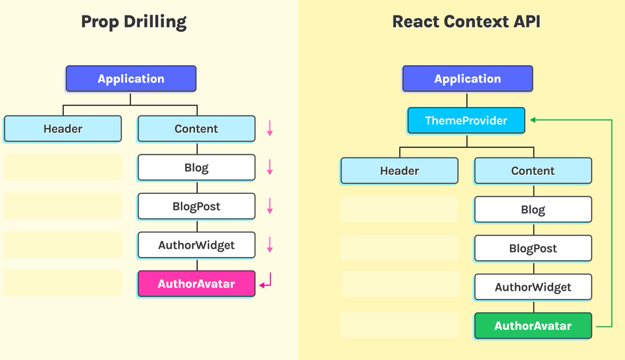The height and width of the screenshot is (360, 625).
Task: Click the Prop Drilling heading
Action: [133, 22]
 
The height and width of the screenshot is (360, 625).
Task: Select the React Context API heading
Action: [466, 22]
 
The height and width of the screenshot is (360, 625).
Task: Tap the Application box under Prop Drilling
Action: [131, 79]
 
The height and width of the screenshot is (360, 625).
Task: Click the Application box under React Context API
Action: [468, 79]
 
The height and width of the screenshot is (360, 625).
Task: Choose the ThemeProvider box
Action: [466, 121]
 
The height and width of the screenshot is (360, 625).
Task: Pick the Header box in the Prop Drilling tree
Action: [63, 129]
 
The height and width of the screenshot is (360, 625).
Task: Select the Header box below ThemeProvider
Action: [399, 171]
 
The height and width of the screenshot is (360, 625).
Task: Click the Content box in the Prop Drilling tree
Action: [196, 129]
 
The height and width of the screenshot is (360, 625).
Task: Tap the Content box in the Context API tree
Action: [533, 171]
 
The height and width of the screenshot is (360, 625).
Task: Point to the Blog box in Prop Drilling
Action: [196, 168]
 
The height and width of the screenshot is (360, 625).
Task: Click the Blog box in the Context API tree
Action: [533, 210]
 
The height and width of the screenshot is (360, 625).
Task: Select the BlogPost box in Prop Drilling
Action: [196, 207]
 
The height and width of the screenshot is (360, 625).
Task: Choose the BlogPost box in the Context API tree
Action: [533, 248]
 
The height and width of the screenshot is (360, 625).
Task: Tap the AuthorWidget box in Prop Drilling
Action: [196, 245]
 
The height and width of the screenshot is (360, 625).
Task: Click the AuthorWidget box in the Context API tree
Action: [533, 287]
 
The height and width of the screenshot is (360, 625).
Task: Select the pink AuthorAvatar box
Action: [196, 284]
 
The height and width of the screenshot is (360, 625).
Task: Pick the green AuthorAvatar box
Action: [533, 326]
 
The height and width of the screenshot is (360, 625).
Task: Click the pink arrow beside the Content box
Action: [270, 129]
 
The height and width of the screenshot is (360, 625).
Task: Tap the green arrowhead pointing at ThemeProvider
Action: [533, 120]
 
